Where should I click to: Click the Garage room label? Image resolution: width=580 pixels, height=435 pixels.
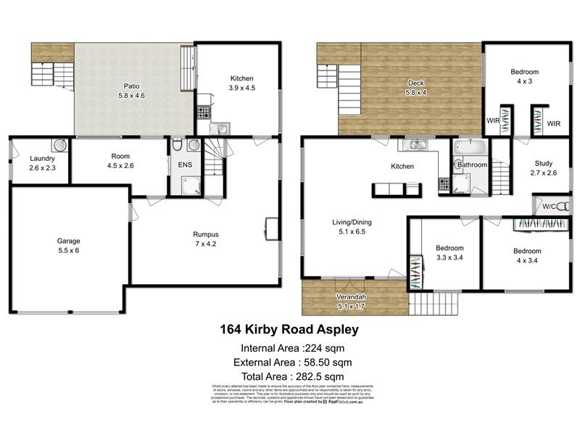pos(69,241)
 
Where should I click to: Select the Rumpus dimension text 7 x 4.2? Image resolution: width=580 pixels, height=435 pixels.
pos(206,244)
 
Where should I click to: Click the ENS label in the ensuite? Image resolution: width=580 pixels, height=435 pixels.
pos(185,165)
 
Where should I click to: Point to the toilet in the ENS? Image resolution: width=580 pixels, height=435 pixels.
pos(178,146)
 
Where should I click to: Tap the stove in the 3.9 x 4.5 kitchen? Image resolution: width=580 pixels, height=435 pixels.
pos(203,113)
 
